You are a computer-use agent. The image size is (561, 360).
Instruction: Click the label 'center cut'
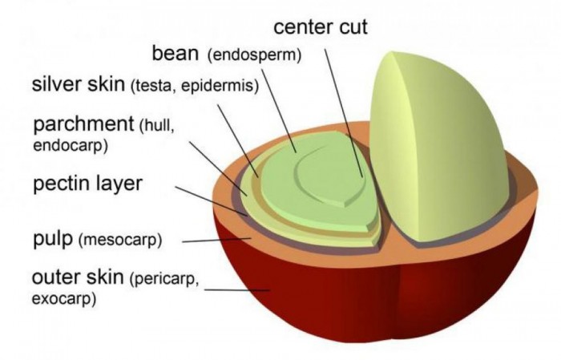point(320,26)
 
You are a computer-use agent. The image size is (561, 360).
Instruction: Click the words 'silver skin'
point(78,84)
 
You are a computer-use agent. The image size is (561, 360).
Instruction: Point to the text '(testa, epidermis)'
point(195,86)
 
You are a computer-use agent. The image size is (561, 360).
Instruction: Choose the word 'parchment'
point(83,125)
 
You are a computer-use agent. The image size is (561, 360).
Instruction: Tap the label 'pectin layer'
point(87,184)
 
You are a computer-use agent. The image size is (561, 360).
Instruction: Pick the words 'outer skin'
point(77,279)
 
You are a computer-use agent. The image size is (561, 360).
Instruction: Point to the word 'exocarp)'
point(63,300)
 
